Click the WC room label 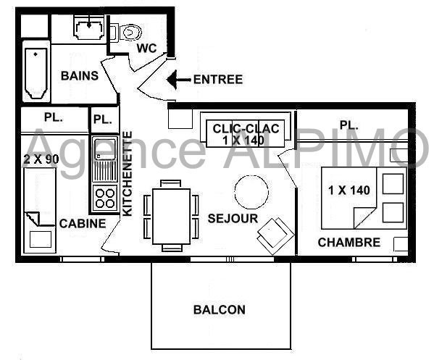pyautogui.click(x=146, y=48)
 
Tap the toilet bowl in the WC pyautogui.click(x=131, y=33)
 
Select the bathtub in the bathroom pyautogui.click(x=36, y=73)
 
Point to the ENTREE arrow pyautogui.click(x=179, y=80)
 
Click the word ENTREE pyautogui.click(x=218, y=80)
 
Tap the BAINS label pyautogui.click(x=80, y=76)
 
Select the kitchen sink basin pyautogui.click(x=105, y=149)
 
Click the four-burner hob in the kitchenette pyautogui.click(x=105, y=198)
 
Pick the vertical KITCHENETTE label pyautogui.click(x=128, y=174)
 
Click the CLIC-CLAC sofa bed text pyautogui.click(x=246, y=135)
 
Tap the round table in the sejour pyautogui.click(x=251, y=192)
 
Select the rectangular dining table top pyautogui.click(x=172, y=216)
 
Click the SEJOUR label pyautogui.click(x=233, y=219)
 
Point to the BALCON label pyautogui.click(x=220, y=309)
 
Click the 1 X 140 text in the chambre pyautogui.click(x=349, y=191)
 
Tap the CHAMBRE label pyautogui.click(x=349, y=243)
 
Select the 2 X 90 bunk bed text pyautogui.click(x=41, y=159)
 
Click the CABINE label pyautogui.click(x=83, y=224)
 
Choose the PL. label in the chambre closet pyautogui.click(x=349, y=125)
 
